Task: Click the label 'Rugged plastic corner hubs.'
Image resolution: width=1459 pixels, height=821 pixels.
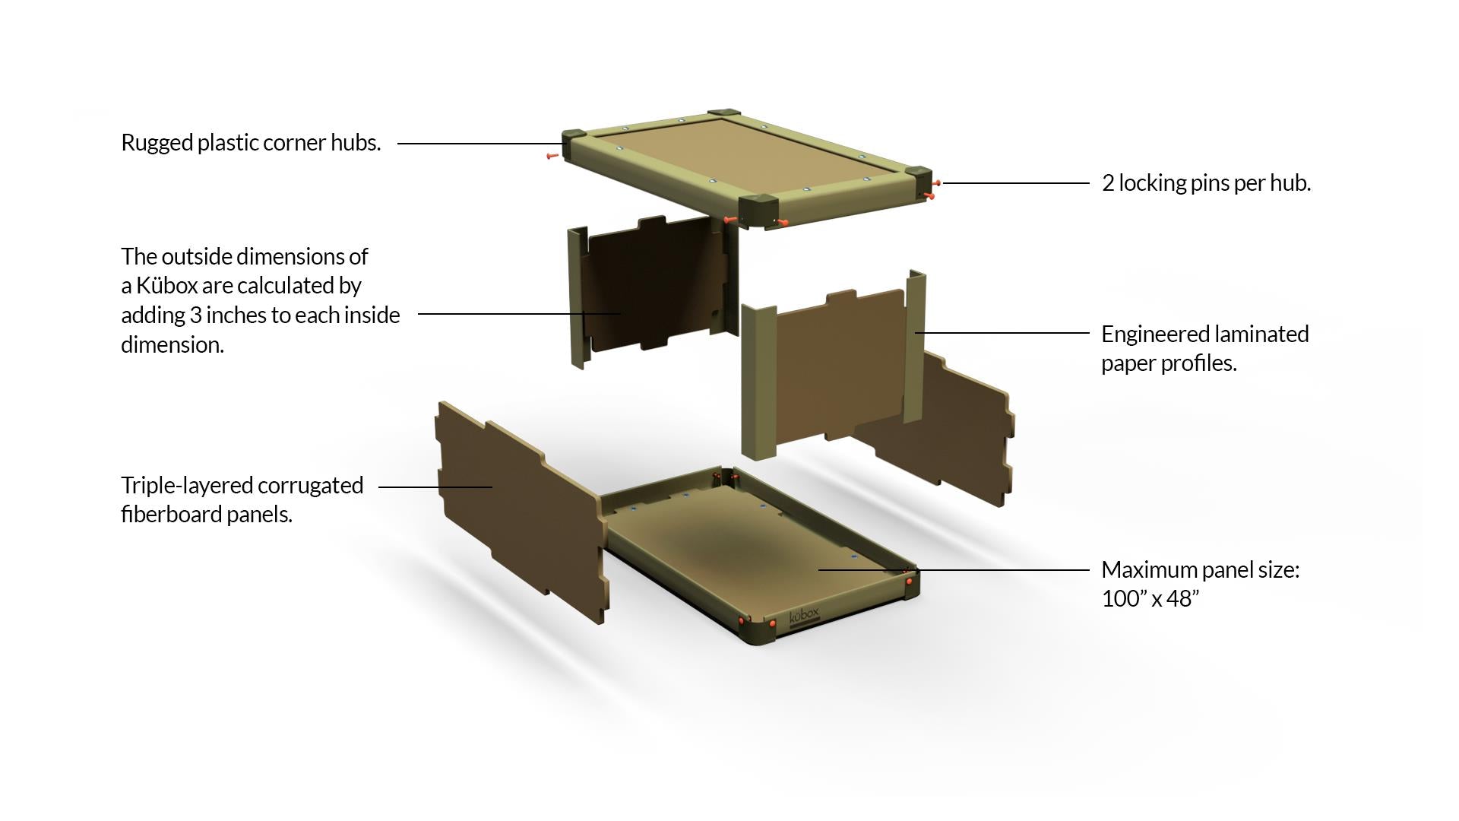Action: pyautogui.click(x=251, y=143)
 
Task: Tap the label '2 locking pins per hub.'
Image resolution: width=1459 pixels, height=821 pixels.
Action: pyautogui.click(x=1206, y=183)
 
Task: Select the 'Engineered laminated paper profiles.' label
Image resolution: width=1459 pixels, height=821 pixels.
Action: pyautogui.click(x=1205, y=348)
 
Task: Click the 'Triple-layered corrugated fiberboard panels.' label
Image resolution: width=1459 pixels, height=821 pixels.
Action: pyautogui.click(x=242, y=499)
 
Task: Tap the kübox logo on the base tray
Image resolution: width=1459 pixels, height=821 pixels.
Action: pyautogui.click(x=805, y=617)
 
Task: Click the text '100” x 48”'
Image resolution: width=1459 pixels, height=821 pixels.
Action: pyautogui.click(x=1150, y=599)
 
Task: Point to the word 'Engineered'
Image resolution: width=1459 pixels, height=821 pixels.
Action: pyautogui.click(x=1152, y=334)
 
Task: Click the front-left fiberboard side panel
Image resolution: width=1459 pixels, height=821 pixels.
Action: pyautogui.click(x=521, y=511)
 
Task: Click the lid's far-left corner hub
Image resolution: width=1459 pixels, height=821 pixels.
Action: pyautogui.click(x=575, y=141)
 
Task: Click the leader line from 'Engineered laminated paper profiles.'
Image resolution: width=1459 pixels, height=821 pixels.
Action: pyautogui.click(x=1002, y=332)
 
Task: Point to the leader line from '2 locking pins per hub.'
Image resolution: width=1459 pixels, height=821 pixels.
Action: pyautogui.click(x=1016, y=183)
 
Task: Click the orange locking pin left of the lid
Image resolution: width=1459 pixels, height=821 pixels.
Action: pyautogui.click(x=552, y=156)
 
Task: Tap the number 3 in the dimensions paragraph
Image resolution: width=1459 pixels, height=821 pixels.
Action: pyautogui.click(x=195, y=315)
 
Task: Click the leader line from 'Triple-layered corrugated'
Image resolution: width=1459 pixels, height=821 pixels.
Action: pyautogui.click(x=435, y=487)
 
